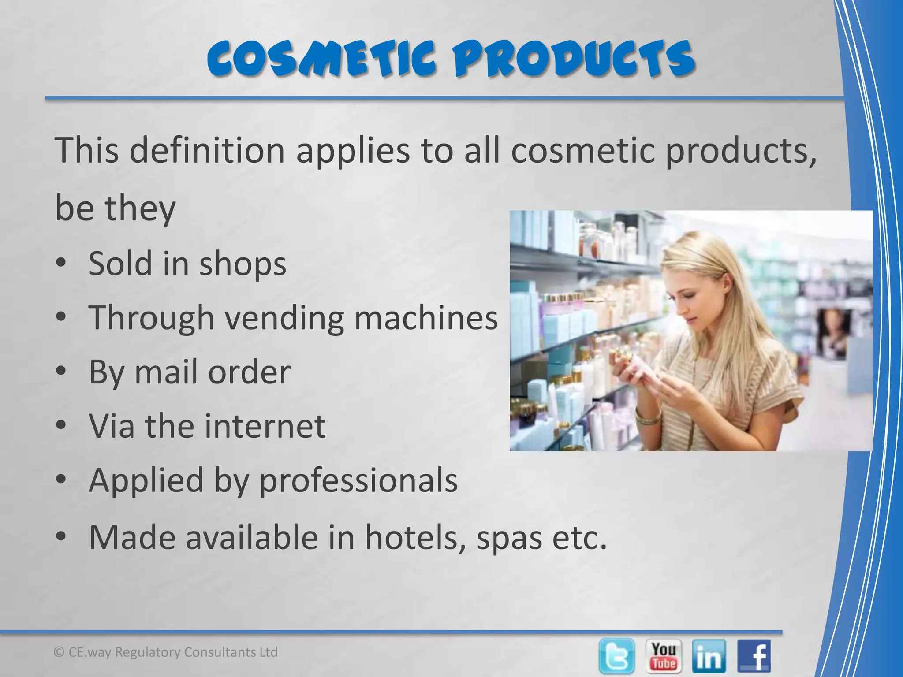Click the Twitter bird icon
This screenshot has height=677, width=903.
click(x=617, y=656)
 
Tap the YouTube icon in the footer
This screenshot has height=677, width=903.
click(x=664, y=656)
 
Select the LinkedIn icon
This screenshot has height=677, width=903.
click(x=709, y=656)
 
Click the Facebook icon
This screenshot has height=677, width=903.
click(x=754, y=656)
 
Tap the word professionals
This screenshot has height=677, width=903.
click(x=358, y=480)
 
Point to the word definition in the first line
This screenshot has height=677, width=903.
click(x=207, y=150)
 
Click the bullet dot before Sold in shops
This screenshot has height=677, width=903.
click(x=61, y=263)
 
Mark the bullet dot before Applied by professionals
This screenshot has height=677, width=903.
click(x=61, y=479)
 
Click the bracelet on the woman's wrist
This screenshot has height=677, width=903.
click(x=648, y=416)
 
